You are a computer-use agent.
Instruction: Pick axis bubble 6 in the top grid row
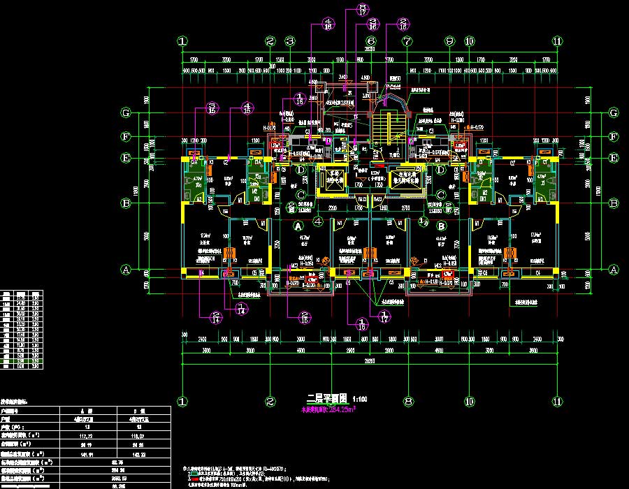pos(370,42)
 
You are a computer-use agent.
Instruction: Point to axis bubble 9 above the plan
pos(449,42)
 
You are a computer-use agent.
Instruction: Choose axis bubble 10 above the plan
pos(469,42)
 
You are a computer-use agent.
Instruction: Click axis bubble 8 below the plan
pos(407,402)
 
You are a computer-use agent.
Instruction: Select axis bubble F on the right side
pos(613,137)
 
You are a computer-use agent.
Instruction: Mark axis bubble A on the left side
pos(126,269)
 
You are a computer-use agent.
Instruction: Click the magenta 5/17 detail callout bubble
pos(362,9)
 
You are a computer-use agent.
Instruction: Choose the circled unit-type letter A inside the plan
pos(298,227)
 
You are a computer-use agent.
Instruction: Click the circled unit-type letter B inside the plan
pos(442,227)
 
